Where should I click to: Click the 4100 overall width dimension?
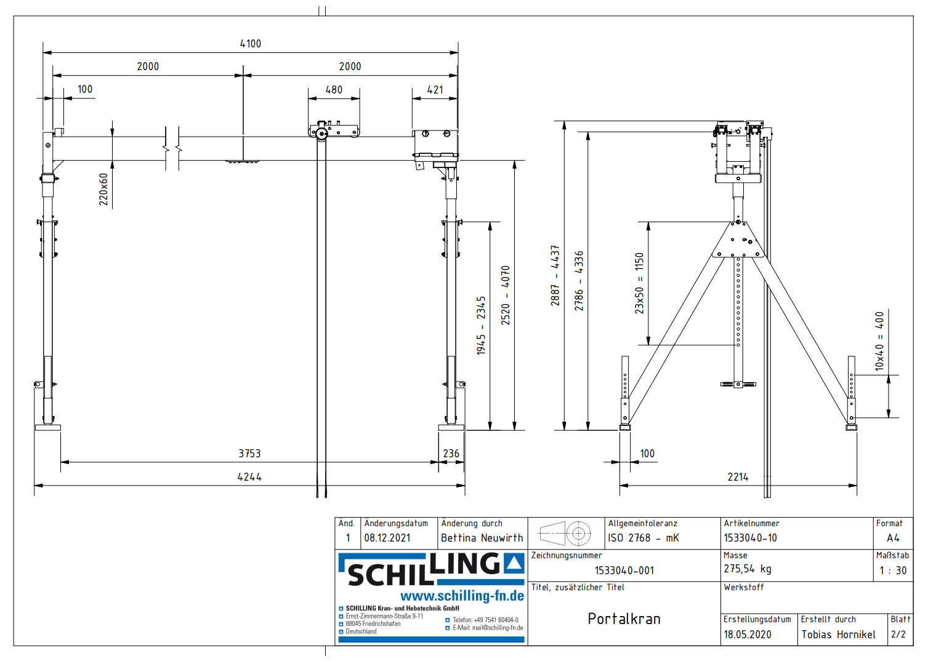(x=250, y=44)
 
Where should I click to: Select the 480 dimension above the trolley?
(x=334, y=90)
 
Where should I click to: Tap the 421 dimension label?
(x=435, y=90)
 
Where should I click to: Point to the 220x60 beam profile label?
(x=103, y=189)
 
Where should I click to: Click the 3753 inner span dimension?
(x=249, y=454)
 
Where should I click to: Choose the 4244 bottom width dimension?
(x=249, y=477)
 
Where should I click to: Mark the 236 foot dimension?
(x=451, y=454)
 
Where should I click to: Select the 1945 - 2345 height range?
(x=481, y=326)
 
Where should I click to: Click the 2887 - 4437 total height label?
(x=555, y=275)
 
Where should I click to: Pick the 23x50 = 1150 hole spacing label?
(x=639, y=283)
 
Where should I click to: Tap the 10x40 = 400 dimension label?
(x=879, y=341)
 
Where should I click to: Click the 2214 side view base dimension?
(x=738, y=477)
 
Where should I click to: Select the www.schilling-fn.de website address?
(x=462, y=596)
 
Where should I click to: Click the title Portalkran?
(x=624, y=619)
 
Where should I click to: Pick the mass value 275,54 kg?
(x=747, y=569)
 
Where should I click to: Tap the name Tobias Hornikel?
(x=838, y=635)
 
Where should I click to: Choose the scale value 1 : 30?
(x=892, y=571)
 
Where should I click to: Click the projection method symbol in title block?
(x=565, y=534)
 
